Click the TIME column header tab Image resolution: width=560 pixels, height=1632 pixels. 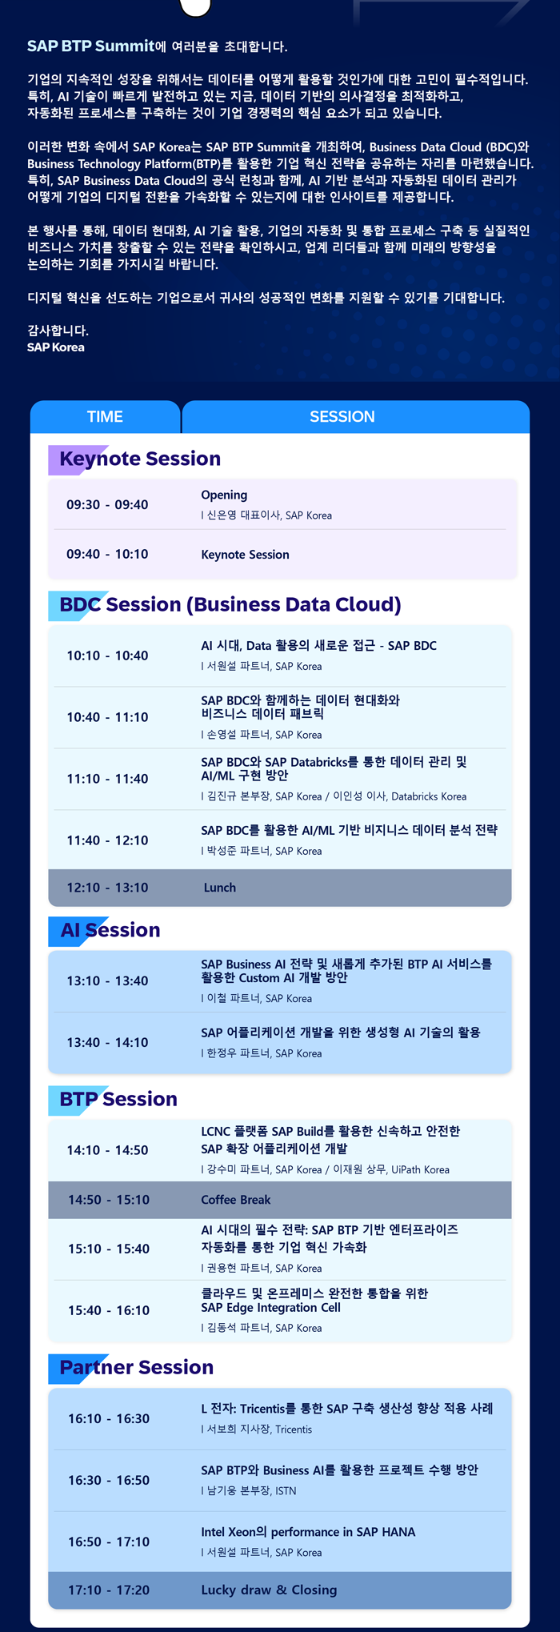pos(105,416)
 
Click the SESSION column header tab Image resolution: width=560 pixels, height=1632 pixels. pos(356,416)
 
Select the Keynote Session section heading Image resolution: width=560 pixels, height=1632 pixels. pos(140,459)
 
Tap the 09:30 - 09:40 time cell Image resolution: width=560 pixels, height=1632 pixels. pos(107,505)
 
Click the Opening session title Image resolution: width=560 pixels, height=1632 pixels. pos(224,495)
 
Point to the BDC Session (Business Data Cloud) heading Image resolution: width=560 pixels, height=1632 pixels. pos(230,604)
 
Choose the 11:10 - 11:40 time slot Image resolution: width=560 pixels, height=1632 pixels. pos(107,779)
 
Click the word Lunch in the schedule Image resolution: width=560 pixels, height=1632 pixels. pos(220,888)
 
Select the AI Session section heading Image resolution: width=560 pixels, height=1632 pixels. pos(110,930)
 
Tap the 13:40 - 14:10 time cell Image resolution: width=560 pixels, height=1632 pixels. pos(107,1042)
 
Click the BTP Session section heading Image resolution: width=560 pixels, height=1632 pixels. pos(118,1099)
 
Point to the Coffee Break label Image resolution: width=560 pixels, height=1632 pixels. pos(236,1200)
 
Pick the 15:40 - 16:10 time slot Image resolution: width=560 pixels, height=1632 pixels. pos(109,1310)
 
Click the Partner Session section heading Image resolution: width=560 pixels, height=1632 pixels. pos(137,1367)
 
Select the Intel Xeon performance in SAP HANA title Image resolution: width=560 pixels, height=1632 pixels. pos(308,1532)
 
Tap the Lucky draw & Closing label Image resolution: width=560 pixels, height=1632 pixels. pos(269,1590)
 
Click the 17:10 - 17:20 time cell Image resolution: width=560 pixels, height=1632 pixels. pos(109,1590)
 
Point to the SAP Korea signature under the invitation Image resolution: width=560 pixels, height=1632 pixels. pos(56,347)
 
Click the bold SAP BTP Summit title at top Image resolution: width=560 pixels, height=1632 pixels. pos(90,46)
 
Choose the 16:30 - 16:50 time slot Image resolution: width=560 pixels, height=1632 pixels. pos(109,1481)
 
